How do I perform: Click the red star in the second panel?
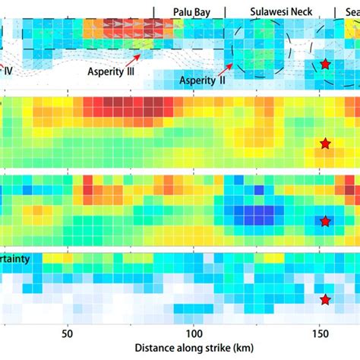point(325,143)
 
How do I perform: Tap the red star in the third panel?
point(325,222)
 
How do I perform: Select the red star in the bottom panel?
point(325,299)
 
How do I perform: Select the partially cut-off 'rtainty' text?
point(15,259)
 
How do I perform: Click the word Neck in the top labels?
point(298,12)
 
